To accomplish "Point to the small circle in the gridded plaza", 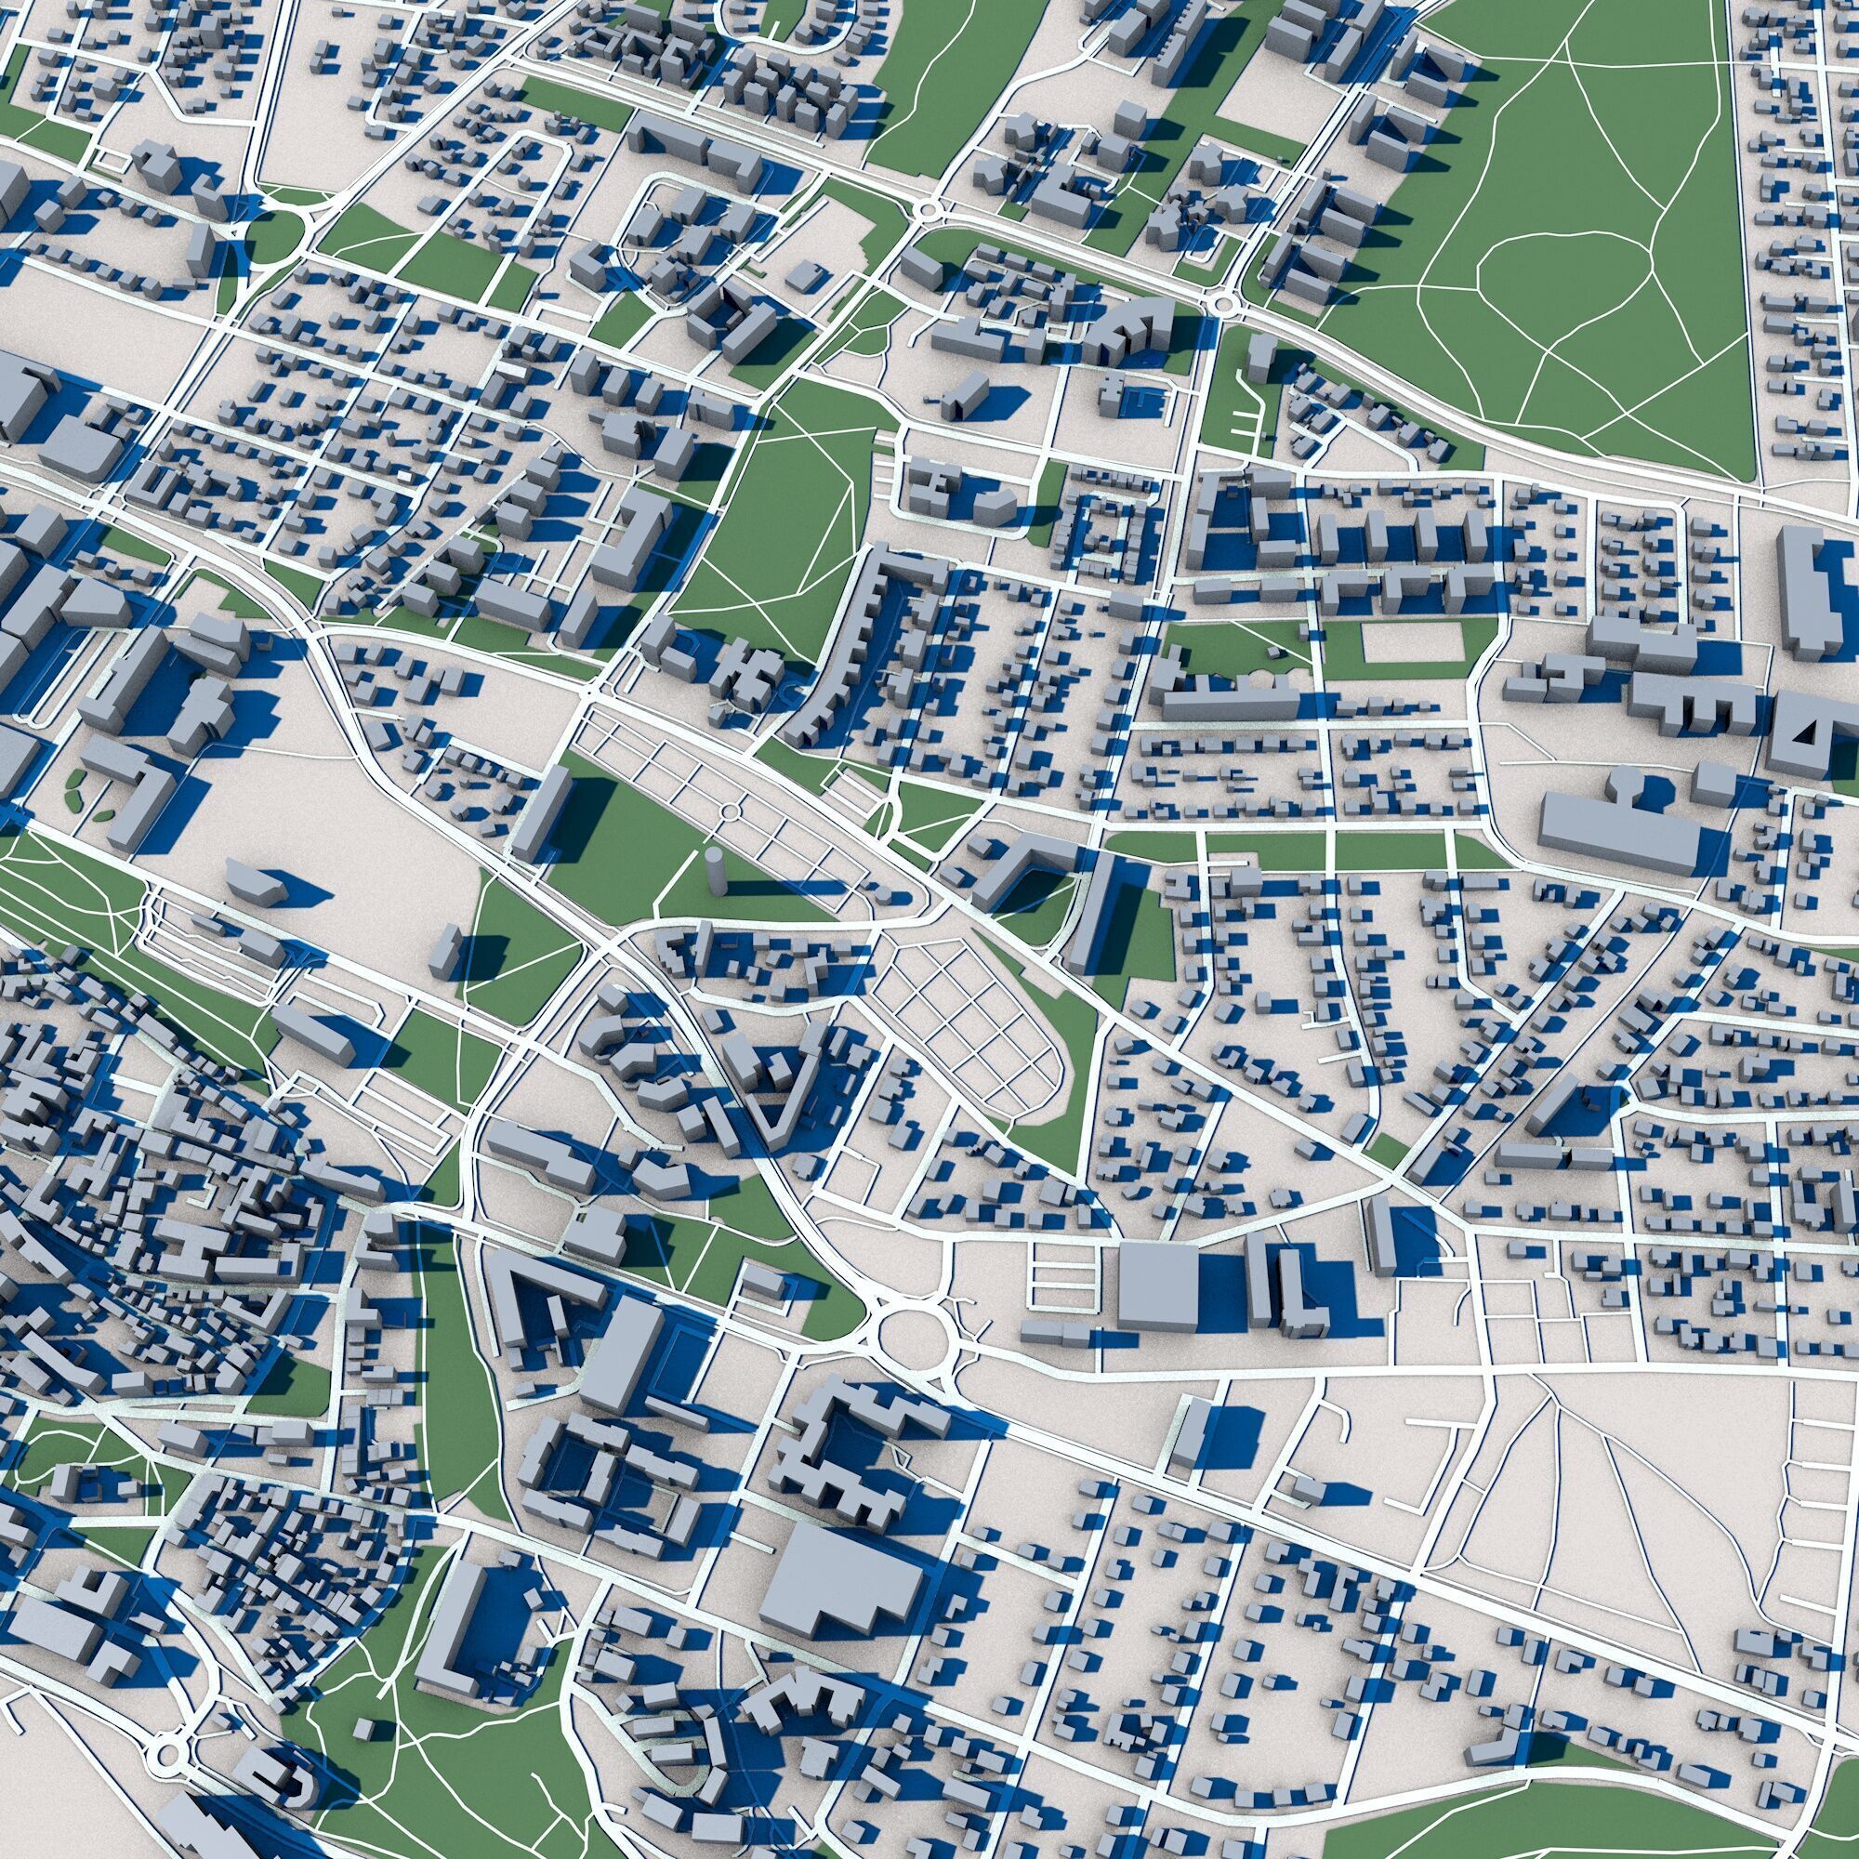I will pyautogui.click(x=731, y=813).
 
